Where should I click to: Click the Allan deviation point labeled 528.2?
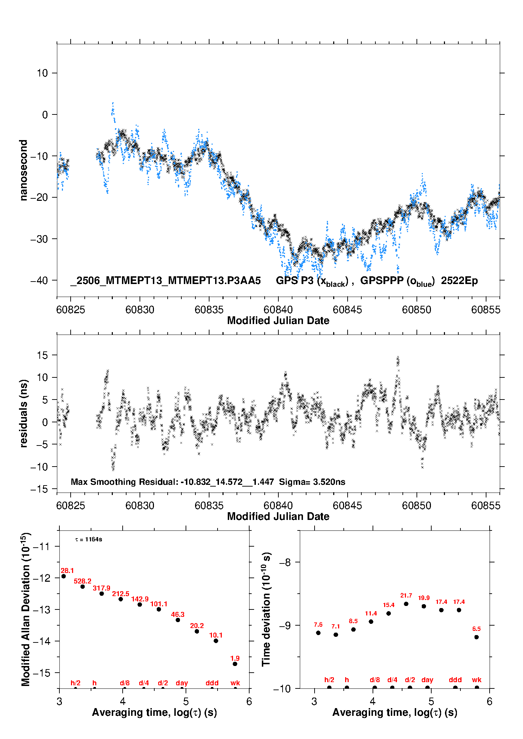click(x=83, y=587)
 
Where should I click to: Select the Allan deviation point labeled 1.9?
click(x=235, y=664)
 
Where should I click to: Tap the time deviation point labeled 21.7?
click(x=406, y=604)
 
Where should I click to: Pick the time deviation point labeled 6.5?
click(x=476, y=637)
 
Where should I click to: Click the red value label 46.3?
click(x=178, y=614)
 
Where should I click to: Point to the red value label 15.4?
click(x=388, y=605)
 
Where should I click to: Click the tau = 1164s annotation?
click(x=89, y=539)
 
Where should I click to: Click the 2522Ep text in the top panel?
click(x=459, y=281)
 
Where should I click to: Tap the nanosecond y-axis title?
click(x=24, y=170)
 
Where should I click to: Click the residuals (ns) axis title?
click(x=24, y=414)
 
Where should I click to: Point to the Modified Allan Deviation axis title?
click(x=26, y=609)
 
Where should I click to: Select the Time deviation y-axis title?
click(x=266, y=609)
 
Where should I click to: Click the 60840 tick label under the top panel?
click(x=278, y=310)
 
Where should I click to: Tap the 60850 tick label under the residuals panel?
click(x=417, y=506)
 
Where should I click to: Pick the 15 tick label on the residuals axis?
click(x=42, y=355)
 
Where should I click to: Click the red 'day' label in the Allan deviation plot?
click(x=182, y=683)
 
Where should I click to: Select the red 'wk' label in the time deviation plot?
click(x=477, y=680)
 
